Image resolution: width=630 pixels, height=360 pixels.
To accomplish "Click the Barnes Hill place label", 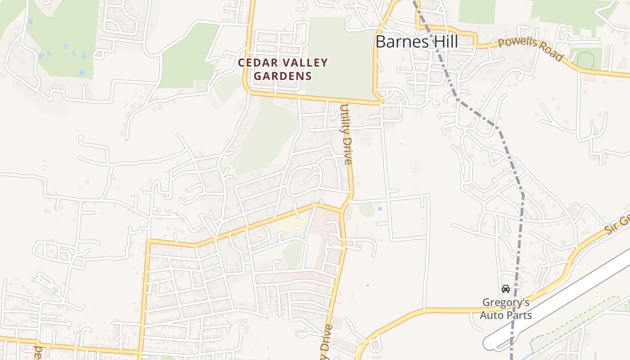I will (416, 42).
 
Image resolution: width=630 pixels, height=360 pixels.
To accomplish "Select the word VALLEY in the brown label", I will (304, 63).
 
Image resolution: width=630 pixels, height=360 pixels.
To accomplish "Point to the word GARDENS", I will (283, 76).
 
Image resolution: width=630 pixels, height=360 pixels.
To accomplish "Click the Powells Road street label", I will (531, 49).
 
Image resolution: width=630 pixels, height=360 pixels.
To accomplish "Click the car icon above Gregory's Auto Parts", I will (506, 289).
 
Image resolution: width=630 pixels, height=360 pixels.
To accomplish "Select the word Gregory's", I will (506, 302).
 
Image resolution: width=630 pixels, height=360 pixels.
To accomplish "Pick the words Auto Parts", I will (506, 315).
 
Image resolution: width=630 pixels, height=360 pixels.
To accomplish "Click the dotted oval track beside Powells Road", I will (585, 60).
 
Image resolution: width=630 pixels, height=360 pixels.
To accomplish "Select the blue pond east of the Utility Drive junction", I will (380, 208).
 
